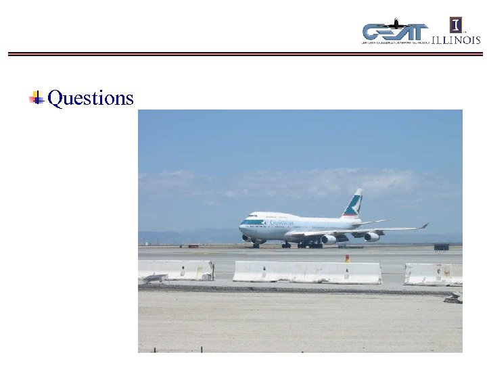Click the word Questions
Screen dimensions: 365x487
(x=91, y=99)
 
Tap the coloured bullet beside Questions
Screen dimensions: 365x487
(x=37, y=98)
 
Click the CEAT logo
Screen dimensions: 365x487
(x=395, y=32)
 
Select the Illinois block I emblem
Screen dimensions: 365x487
(x=457, y=26)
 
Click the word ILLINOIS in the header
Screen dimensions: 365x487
(x=456, y=40)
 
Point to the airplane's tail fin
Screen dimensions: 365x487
(x=353, y=203)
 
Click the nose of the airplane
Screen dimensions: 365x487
(x=241, y=225)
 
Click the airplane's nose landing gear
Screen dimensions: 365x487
(x=256, y=245)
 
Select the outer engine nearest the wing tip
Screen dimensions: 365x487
(x=371, y=237)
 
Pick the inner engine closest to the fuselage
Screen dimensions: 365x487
(x=329, y=239)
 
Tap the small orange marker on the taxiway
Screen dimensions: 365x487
(x=347, y=258)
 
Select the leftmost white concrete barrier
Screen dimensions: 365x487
(x=176, y=270)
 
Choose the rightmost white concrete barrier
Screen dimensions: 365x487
(x=434, y=274)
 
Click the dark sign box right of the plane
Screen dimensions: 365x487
(x=441, y=247)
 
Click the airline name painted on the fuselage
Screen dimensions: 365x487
(x=281, y=222)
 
